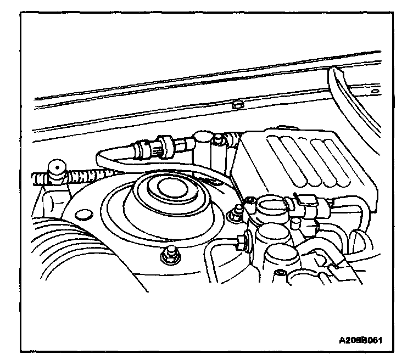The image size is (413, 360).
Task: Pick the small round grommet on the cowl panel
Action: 238,104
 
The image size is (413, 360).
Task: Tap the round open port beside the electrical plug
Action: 271,206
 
